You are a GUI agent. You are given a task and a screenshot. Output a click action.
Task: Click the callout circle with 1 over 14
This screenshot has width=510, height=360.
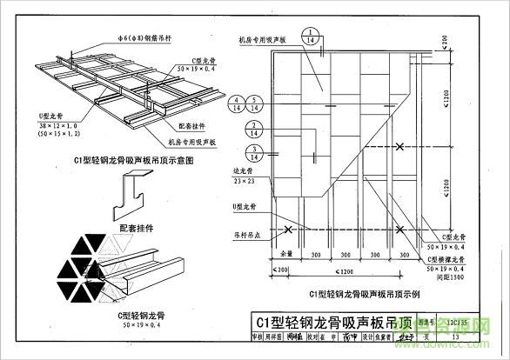pyautogui.click(x=312, y=37)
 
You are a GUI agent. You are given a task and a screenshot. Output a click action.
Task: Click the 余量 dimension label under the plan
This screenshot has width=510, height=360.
pyautogui.click(x=286, y=254)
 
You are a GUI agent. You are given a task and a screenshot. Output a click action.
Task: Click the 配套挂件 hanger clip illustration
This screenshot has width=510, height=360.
pyautogui.click(x=137, y=196)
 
